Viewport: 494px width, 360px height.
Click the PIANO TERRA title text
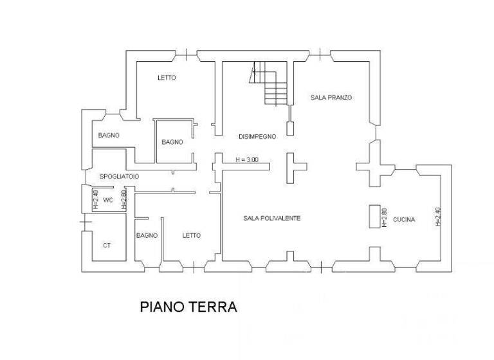tap(188, 307)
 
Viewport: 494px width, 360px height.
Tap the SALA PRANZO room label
tap(331, 97)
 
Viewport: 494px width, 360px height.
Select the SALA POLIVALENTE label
tap(272, 219)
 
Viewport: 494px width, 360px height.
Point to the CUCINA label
tap(404, 219)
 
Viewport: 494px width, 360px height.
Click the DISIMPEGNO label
tap(257, 136)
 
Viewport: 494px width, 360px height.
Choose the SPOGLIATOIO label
tap(119, 176)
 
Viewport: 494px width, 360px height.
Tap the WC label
tap(108, 201)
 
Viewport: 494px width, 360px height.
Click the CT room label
tap(107, 245)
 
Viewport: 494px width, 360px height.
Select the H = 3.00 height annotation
tap(246, 159)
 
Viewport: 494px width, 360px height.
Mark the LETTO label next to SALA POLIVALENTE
tap(191, 235)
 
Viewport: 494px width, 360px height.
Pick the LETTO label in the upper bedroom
tap(167, 78)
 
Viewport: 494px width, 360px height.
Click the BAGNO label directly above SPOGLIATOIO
tap(109, 135)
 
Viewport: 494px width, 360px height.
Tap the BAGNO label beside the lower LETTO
tap(147, 235)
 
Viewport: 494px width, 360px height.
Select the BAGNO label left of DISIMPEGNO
tap(172, 142)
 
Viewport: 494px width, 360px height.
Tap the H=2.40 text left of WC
tap(95, 200)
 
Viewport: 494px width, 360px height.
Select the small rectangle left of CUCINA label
tap(374, 217)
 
